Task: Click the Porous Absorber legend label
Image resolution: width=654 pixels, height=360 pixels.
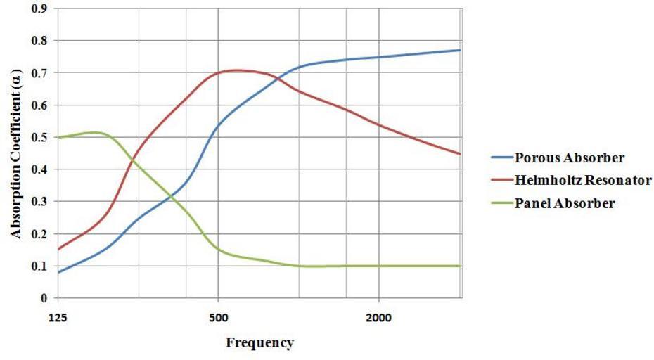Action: point(570,156)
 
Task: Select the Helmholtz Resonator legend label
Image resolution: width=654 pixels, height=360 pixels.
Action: point(582,180)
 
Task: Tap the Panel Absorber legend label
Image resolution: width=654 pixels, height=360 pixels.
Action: point(565,204)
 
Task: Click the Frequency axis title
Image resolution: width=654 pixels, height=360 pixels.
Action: point(259,343)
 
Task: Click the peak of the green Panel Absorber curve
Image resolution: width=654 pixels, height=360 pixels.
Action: point(94,131)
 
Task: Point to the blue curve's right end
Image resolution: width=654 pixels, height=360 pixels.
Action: point(460,50)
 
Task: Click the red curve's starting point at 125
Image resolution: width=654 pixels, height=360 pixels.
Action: point(58,249)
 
